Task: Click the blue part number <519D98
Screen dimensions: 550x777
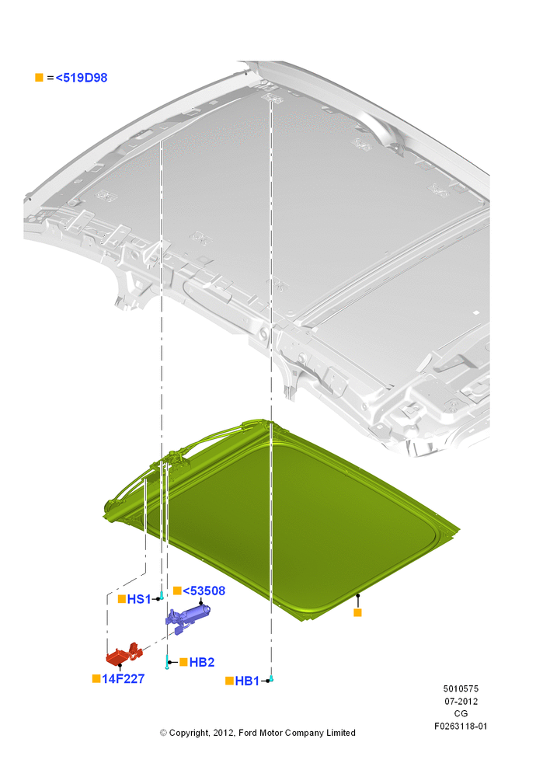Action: pos(82,78)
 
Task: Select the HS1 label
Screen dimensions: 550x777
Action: pos(139,599)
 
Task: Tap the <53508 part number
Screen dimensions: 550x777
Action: pos(204,591)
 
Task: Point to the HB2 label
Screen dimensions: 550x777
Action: pos(202,662)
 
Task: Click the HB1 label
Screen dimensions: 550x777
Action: pos(247,681)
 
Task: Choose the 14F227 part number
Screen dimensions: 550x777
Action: pos(123,678)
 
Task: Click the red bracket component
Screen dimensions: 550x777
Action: pos(124,653)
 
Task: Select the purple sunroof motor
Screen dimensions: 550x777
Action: pos(187,617)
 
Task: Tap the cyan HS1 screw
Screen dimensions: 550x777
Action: pos(162,595)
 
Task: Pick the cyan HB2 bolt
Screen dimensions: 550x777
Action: pos(168,662)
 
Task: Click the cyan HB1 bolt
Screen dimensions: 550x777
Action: pos(271,678)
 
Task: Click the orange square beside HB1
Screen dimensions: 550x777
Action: pos(229,681)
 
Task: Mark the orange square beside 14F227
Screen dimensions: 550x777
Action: pos(96,678)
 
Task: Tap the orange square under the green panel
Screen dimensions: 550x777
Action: pos(357,612)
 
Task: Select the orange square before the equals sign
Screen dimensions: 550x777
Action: pos(39,77)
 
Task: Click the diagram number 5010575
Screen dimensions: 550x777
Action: pos(461,688)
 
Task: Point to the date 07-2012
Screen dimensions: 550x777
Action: pos(461,701)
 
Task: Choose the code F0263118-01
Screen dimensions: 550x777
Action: pos(461,726)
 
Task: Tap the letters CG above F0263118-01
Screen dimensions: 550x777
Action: pos(461,713)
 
